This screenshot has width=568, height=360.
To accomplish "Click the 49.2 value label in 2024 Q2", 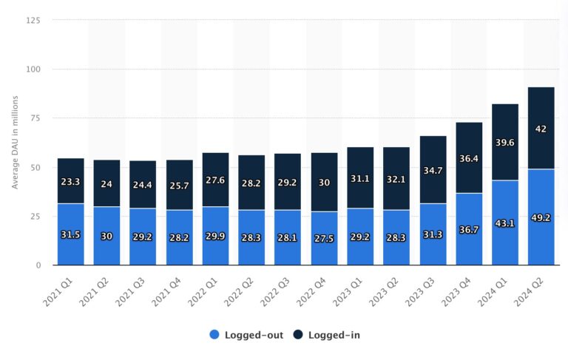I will click(541, 218).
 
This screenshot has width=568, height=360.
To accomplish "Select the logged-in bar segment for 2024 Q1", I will click(505, 142).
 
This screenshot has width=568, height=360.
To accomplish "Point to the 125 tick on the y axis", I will click(33, 21).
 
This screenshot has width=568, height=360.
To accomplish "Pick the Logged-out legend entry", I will click(246, 335).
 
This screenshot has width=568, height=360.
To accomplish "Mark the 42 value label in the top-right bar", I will click(541, 129).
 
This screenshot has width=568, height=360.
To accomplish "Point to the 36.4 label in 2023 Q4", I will click(469, 157).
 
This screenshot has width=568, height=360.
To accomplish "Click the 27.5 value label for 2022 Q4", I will click(324, 239).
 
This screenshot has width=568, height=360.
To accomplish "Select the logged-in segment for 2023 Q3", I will click(433, 169).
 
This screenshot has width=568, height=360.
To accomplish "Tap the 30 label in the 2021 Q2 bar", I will click(106, 236).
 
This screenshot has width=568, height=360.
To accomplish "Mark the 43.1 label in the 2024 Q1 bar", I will click(505, 223).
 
